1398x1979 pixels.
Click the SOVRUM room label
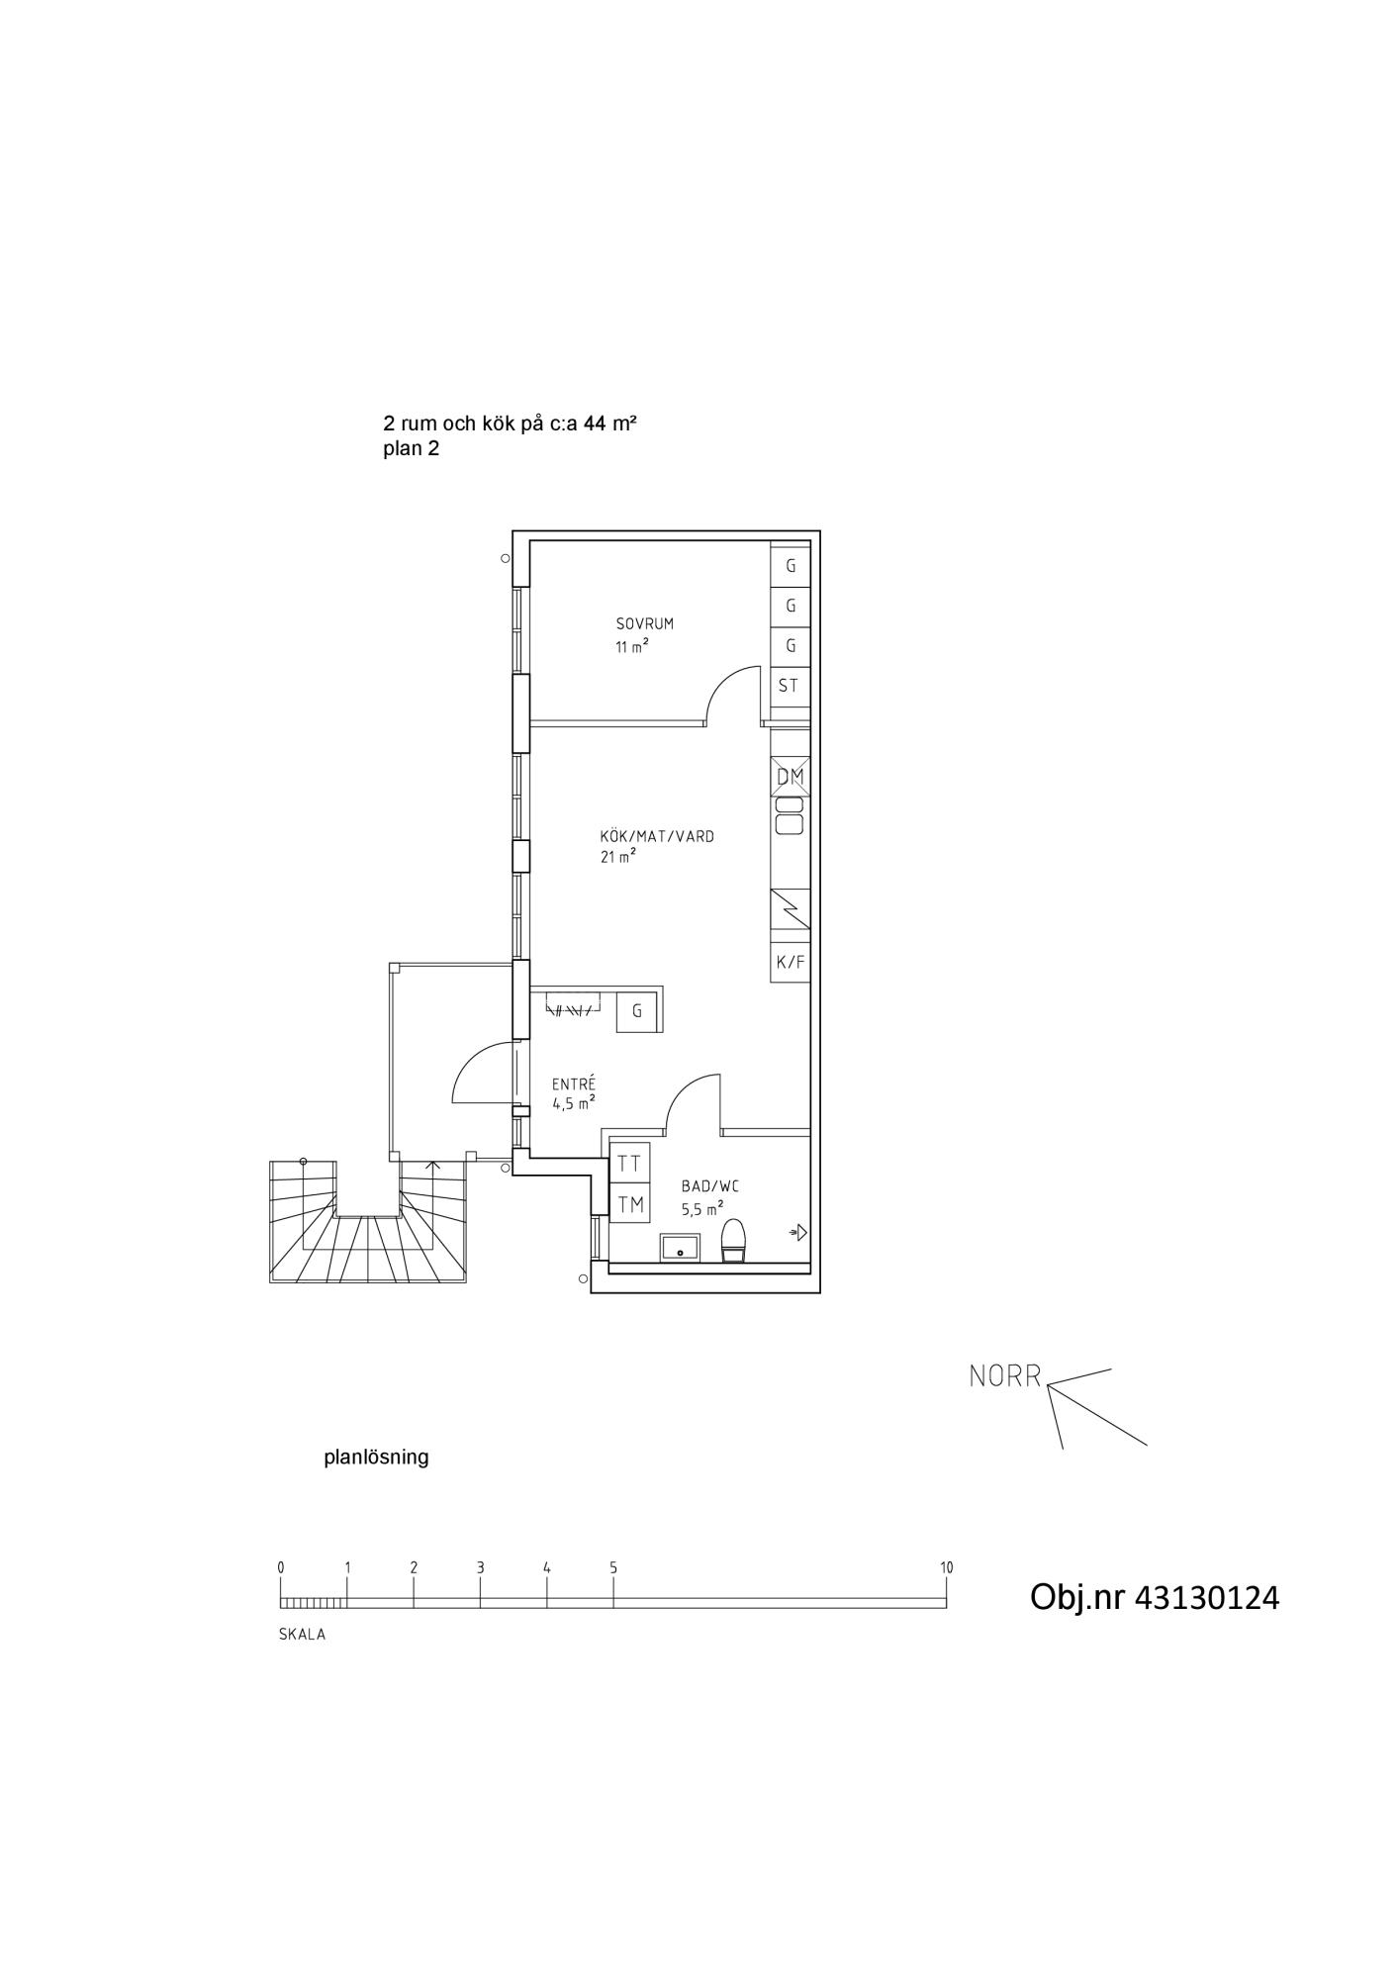point(644,624)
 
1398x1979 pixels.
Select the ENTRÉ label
point(574,1084)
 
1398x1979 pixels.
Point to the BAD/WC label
point(710,1186)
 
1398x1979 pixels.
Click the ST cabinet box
point(791,686)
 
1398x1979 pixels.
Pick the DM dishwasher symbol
point(791,777)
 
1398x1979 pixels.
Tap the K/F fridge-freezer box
point(791,962)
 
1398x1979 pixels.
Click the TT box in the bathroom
point(630,1164)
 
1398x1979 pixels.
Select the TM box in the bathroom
point(630,1204)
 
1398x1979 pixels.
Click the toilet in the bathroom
point(733,1241)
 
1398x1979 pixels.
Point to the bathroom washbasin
point(681,1248)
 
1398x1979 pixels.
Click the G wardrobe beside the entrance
point(637,1011)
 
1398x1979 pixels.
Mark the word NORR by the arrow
point(1005,1376)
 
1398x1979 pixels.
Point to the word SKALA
point(302,1635)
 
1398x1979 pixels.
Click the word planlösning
point(376,1458)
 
